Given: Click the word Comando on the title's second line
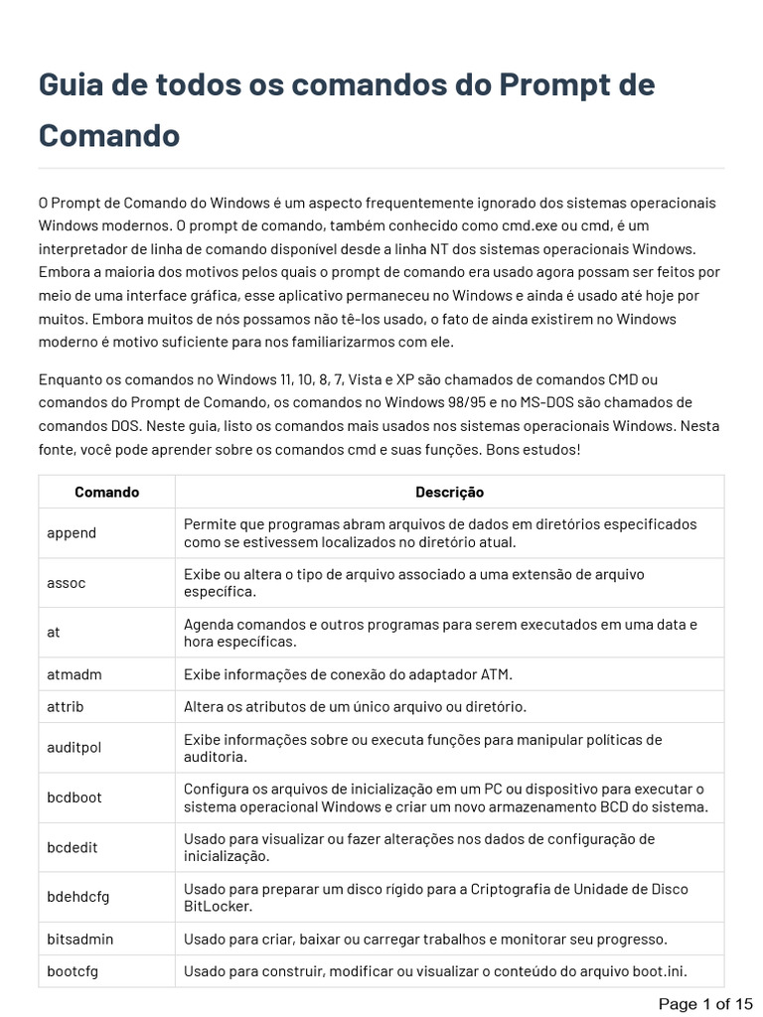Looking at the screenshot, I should click(109, 135).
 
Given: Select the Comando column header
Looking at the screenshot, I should click(106, 492).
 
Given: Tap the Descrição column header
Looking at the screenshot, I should click(449, 492).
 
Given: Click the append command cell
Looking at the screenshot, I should click(72, 532).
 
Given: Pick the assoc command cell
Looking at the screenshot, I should click(67, 582).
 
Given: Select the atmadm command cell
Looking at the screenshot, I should click(75, 674).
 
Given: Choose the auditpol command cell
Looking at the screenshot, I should click(75, 748).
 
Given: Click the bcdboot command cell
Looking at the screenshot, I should click(75, 798).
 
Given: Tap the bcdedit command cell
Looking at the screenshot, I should click(73, 847).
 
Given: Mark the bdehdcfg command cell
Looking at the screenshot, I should click(78, 897).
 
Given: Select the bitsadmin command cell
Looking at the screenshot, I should click(79, 939).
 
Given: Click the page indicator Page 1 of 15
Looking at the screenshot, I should click(706, 1003).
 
